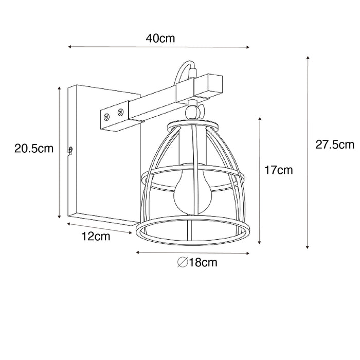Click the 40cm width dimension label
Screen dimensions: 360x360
click(160, 38)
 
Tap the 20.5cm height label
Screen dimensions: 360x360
click(34, 149)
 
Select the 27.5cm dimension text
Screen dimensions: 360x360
click(335, 145)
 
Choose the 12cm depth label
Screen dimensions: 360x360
click(97, 237)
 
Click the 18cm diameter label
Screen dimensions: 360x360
click(202, 263)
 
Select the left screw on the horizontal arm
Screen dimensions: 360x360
click(106, 117)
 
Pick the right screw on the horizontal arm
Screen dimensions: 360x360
click(121, 111)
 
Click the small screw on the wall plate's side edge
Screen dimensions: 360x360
click(70, 150)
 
